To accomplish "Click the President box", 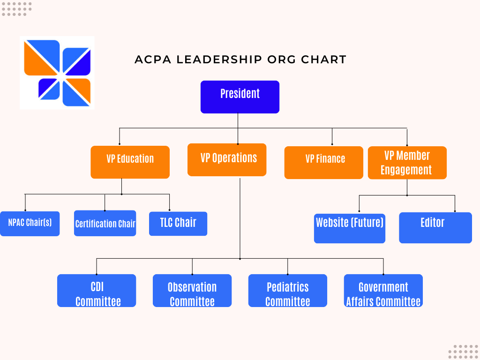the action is click(240, 97).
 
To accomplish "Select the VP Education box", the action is click(130, 162).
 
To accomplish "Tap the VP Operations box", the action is click(227, 160).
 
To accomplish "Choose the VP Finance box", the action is click(324, 163).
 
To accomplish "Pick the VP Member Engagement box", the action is click(407, 163).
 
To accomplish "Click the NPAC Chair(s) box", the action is click(30, 224).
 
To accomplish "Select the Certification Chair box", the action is click(105, 223).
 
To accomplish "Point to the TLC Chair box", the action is click(178, 224).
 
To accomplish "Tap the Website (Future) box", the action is click(350, 228).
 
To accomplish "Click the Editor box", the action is click(435, 228).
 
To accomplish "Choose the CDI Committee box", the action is click(97, 291).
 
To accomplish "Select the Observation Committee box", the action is click(192, 291).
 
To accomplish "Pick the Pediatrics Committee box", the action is click(288, 291).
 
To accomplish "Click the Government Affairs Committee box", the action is click(383, 291).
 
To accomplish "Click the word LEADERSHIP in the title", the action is click(219, 60).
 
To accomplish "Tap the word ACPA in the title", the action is click(153, 60).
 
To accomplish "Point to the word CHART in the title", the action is click(323, 60).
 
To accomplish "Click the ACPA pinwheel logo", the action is click(57, 73).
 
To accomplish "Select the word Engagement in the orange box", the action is click(406, 170).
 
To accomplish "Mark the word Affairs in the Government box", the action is click(360, 302).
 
